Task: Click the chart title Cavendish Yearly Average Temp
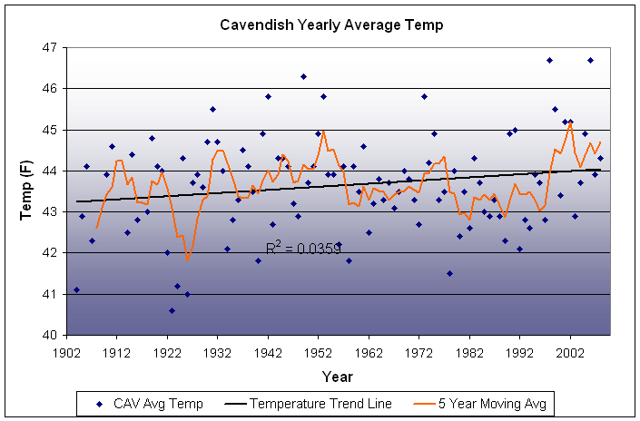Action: coord(331,24)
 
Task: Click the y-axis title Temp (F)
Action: coord(26,190)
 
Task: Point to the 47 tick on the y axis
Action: coord(47,47)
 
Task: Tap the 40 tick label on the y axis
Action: coord(47,336)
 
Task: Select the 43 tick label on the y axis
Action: coord(47,212)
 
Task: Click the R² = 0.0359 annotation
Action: coord(303,248)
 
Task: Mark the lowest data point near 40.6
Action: coord(172,310)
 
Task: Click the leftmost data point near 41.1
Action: coord(76,289)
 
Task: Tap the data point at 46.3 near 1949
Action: coord(303,76)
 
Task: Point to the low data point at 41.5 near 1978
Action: coord(449,273)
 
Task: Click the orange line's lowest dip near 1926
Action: coord(188,259)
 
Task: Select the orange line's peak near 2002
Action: coord(570,123)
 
